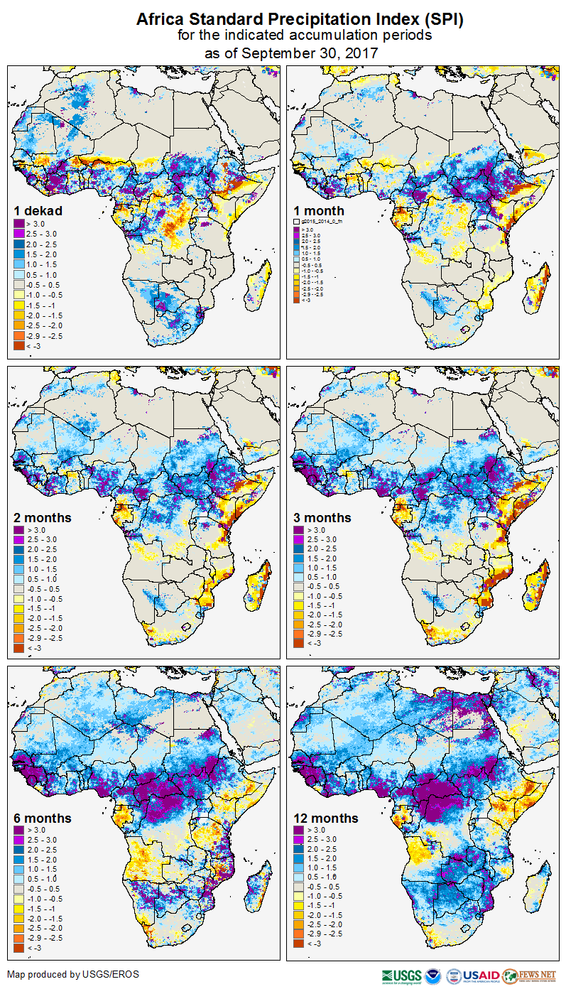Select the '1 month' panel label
coord(319,210)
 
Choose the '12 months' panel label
coord(326,818)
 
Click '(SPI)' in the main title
coord(441,20)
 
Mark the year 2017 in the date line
coord(361,53)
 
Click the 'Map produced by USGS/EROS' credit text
coord(73,974)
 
